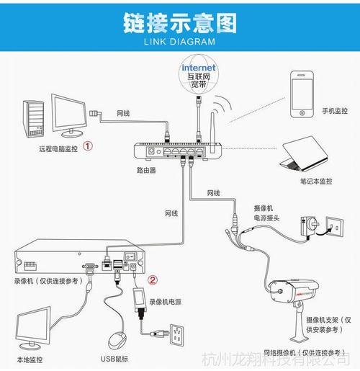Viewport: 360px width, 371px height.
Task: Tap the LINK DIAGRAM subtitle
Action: (x=179, y=42)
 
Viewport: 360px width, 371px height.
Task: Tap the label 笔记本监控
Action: (x=316, y=182)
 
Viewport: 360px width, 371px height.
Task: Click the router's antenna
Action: (x=214, y=127)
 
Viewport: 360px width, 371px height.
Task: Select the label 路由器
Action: (x=147, y=171)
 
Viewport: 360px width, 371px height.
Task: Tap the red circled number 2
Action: (x=152, y=280)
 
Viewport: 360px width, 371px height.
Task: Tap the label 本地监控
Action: (x=30, y=359)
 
